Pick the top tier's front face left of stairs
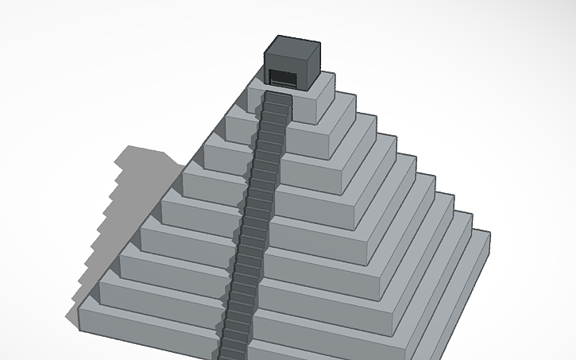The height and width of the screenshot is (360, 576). point(255,101)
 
